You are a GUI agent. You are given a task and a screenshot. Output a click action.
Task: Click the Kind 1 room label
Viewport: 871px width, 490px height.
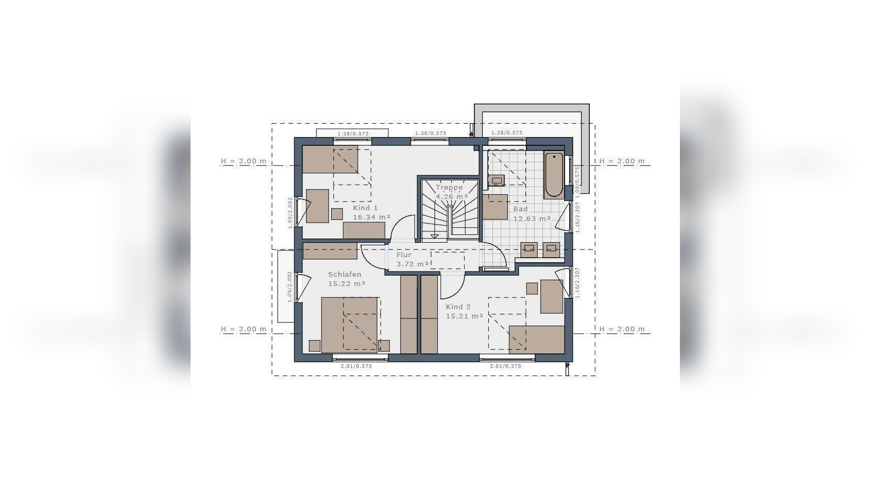point(365,208)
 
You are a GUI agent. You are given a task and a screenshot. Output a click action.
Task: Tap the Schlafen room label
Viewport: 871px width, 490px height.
point(345,275)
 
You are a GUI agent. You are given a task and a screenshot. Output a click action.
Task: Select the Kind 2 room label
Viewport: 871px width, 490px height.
point(458,307)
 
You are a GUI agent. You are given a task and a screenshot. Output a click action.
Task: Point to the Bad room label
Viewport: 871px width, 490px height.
point(520,209)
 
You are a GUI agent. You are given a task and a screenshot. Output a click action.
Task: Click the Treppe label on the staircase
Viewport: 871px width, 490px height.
point(449,188)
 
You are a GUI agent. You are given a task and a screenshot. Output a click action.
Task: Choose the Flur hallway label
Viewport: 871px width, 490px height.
point(404,255)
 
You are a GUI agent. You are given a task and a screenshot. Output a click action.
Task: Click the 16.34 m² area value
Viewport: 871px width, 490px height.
point(371,217)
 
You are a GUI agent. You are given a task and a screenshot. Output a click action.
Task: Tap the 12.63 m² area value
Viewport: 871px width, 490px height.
point(532,218)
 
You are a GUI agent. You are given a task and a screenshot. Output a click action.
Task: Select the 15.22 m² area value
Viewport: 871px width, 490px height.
point(347,284)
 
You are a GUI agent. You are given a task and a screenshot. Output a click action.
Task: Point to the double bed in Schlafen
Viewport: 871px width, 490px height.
point(350,325)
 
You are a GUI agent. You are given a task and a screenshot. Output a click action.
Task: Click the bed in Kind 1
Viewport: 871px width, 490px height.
point(330,159)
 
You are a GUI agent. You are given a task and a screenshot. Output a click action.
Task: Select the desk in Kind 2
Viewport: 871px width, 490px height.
point(552,296)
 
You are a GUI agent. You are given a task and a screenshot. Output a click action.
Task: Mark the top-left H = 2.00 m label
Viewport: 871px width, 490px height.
point(244,161)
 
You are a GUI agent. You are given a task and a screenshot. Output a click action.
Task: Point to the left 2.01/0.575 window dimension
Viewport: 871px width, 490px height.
point(356,366)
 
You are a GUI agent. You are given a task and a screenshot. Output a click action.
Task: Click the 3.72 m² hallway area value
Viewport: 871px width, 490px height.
point(413,264)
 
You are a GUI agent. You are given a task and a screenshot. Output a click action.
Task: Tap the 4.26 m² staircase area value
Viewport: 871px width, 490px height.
point(452,197)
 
